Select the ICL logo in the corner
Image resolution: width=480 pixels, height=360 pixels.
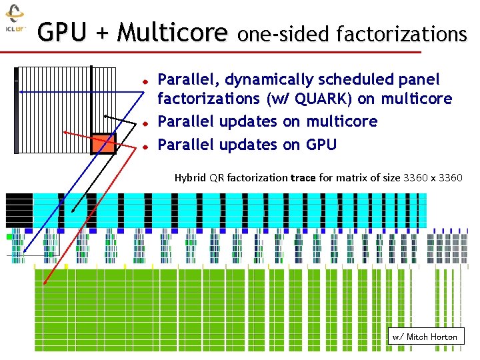tap(15, 20)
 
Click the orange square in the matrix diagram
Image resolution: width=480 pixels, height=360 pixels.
tap(103, 145)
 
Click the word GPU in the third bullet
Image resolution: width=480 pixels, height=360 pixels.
tap(321, 145)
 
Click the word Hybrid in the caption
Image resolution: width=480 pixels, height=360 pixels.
tap(190, 178)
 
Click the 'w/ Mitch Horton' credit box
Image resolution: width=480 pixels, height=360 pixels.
tap(425, 337)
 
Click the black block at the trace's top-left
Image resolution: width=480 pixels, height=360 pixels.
tap(19, 209)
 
